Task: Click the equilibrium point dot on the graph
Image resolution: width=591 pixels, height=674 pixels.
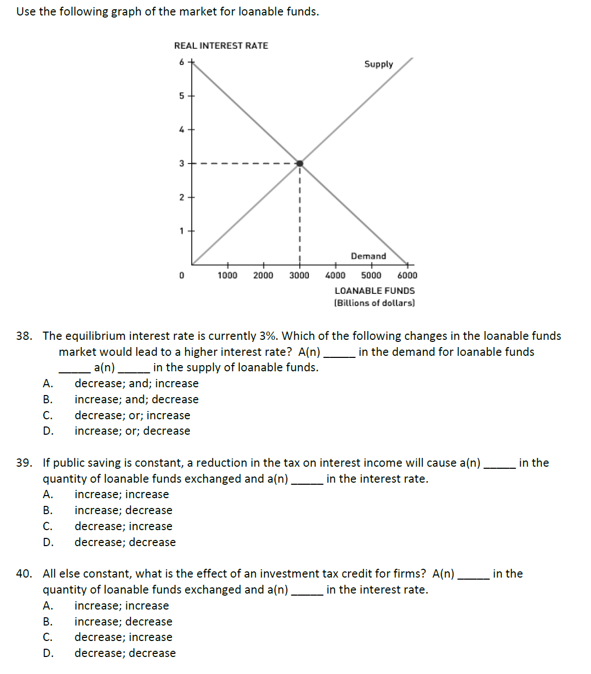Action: [x=300, y=163]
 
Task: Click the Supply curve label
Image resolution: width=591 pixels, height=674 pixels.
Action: [x=379, y=64]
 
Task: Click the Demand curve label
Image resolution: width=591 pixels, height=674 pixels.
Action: [x=368, y=256]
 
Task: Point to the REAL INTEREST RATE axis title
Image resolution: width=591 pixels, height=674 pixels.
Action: [x=221, y=45]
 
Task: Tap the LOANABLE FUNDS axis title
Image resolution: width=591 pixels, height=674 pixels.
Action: [x=374, y=291]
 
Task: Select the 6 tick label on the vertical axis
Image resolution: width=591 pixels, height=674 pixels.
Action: [x=182, y=62]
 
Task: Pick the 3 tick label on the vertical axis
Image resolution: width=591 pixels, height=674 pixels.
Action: [x=182, y=163]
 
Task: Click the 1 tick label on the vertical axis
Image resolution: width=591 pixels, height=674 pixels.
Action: [x=182, y=231]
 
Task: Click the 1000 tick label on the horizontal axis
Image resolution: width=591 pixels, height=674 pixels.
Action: [x=227, y=275]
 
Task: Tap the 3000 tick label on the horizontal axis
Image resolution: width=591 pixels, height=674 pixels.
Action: [x=299, y=275]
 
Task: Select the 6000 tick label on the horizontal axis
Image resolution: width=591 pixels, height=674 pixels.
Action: [x=407, y=275]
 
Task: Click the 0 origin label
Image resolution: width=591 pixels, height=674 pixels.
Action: [x=182, y=275]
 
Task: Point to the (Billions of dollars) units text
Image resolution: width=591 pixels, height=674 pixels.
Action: [x=374, y=303]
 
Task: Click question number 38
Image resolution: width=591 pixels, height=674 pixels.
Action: [x=23, y=336]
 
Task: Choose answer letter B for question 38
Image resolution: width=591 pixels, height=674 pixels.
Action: [x=47, y=399]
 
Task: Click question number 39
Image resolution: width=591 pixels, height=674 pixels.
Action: [x=23, y=463]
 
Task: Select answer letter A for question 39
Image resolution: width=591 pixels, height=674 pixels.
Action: [x=47, y=494]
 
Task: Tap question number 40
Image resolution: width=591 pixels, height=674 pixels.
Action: [x=23, y=573]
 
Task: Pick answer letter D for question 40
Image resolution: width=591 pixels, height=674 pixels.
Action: [x=47, y=653]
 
